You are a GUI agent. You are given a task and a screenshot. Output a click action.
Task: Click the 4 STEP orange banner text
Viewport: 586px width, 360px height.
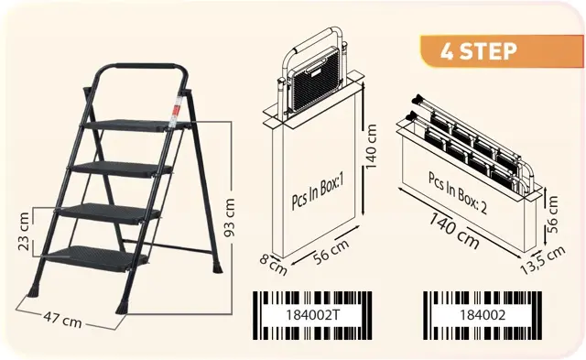478,51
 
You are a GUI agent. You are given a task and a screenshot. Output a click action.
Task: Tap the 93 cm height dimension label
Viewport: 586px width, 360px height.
230,218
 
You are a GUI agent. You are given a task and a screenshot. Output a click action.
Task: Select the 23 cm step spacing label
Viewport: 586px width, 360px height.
23,232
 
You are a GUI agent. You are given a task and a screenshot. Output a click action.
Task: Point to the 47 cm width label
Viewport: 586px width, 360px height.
62,319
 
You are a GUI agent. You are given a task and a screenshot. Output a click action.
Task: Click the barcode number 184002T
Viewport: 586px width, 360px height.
313,315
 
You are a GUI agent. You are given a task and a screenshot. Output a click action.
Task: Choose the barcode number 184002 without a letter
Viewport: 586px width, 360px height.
483,315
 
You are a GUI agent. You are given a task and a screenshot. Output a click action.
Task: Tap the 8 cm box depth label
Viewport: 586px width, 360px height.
273,265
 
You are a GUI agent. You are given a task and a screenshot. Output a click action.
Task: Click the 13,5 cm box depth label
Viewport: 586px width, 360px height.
543,260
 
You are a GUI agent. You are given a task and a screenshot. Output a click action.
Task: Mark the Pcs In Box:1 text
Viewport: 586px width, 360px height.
318,192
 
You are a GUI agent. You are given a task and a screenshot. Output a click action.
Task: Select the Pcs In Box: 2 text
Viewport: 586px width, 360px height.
458,193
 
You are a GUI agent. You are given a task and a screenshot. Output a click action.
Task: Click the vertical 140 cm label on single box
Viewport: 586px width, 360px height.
370,147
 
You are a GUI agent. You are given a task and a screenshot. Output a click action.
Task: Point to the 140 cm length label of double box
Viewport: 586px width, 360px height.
454,230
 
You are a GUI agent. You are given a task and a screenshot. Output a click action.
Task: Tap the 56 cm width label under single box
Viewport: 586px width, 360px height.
331,251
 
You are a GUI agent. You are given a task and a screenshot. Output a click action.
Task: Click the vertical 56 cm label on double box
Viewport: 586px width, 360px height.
552,214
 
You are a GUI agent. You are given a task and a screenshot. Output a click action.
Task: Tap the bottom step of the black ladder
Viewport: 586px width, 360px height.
96,258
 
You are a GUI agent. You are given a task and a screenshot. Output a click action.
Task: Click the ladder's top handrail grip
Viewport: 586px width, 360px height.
146,67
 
